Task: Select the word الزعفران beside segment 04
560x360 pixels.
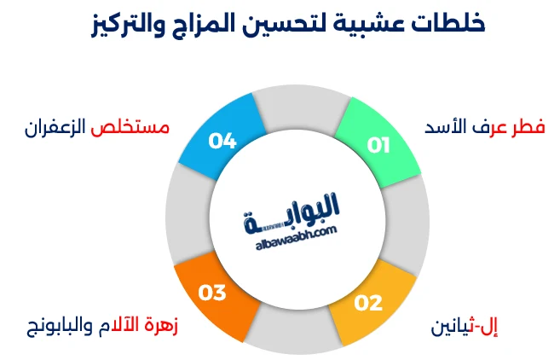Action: pos(56,127)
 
